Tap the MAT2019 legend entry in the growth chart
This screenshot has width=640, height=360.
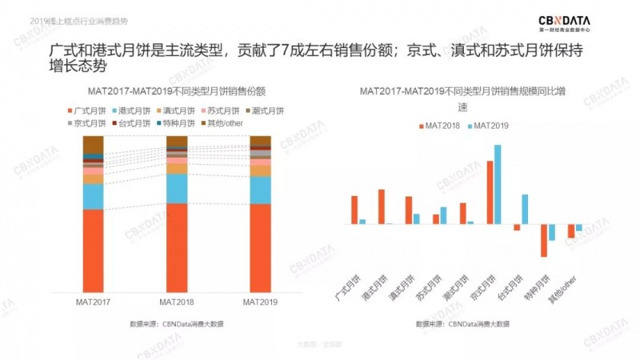[x=487, y=126]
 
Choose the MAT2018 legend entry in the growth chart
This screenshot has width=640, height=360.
[x=438, y=126]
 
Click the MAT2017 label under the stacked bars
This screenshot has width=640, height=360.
[x=94, y=302]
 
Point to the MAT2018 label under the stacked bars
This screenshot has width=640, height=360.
[x=177, y=302]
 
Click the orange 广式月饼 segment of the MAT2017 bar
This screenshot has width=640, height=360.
[x=94, y=250]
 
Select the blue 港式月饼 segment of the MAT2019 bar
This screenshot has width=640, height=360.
[x=261, y=190]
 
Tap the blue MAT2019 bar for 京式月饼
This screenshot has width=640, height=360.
[x=498, y=184]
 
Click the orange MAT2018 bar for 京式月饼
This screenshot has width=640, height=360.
[x=490, y=192]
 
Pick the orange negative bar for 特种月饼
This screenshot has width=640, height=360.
[x=544, y=240]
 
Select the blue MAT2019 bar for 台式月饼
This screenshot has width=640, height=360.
[x=525, y=209]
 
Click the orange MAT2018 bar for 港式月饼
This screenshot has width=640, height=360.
[x=382, y=206]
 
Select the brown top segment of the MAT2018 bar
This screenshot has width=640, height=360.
[x=177, y=142]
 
